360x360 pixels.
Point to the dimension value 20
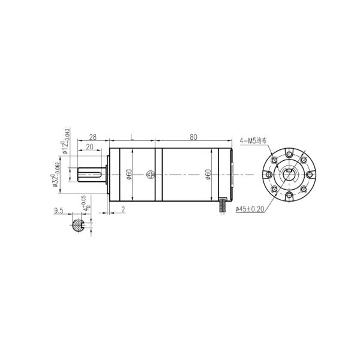89,147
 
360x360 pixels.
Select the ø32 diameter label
56,175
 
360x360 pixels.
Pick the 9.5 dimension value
58,211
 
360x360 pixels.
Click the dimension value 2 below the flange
122,210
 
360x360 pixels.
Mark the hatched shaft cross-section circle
78,226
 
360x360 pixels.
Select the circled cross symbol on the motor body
150,175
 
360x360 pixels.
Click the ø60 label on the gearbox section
128,175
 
